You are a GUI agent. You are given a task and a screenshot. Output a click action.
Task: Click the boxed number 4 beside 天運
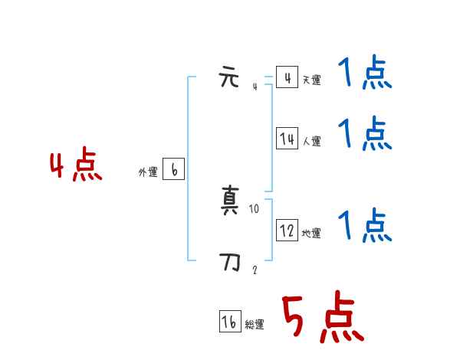pos(287,77)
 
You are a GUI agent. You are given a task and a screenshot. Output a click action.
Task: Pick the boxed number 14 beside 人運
pos(287,139)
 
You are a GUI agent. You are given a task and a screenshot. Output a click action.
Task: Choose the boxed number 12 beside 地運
pos(287,231)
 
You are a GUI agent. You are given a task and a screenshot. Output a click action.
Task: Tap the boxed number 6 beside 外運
pos(174,170)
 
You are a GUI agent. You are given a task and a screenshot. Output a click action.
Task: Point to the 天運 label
pos(311,80)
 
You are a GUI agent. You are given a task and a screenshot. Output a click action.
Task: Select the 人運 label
pos(311,142)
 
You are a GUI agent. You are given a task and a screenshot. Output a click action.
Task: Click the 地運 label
pos(311,234)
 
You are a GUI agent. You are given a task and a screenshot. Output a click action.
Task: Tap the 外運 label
pos(147,173)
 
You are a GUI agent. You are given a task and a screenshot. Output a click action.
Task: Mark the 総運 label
pos(255,326)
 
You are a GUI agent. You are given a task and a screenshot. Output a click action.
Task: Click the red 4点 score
pos(76,167)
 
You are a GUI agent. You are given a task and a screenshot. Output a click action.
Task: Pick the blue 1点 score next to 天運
pos(364,74)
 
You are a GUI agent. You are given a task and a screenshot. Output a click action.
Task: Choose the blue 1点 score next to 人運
pos(364,134)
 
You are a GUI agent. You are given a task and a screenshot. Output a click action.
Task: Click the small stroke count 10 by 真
pos(255,208)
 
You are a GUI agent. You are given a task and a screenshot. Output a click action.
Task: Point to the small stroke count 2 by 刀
pos(255,270)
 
